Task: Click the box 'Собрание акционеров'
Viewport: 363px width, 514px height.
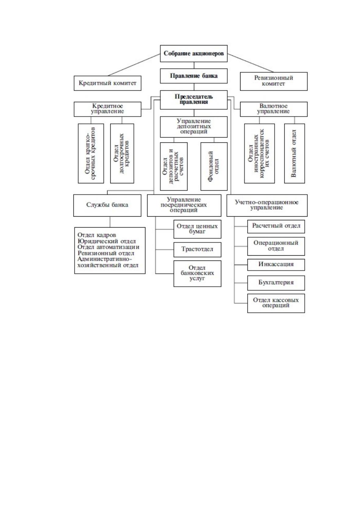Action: pos(194,53)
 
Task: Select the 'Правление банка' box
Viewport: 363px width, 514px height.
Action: pos(194,76)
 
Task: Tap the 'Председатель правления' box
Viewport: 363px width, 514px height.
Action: pos(194,99)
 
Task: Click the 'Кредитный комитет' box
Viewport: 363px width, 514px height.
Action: pos(107,83)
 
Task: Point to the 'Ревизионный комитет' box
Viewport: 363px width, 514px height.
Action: pos(274,81)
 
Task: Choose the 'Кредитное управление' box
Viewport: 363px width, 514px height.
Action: pos(107,109)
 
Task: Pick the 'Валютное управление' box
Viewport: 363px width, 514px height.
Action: pos(274,109)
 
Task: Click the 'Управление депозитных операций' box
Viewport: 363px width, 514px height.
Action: pos(194,127)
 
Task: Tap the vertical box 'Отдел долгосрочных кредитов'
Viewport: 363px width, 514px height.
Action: pos(122,153)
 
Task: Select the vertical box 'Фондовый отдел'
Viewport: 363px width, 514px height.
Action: pos(214,166)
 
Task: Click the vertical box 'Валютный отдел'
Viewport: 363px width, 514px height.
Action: pos(294,153)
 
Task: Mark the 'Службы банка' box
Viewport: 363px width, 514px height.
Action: pos(107,205)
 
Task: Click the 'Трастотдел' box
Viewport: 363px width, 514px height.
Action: pos(197,250)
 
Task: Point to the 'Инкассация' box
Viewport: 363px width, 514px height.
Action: pos(276,264)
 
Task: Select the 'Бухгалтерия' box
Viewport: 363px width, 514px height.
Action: pos(276,283)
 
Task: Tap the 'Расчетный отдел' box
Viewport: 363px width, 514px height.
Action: pos(276,226)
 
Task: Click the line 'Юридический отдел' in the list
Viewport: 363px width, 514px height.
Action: pos(107,241)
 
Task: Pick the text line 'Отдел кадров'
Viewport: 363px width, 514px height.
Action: pos(97,235)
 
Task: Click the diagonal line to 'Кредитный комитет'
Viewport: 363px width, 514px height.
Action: pos(134,65)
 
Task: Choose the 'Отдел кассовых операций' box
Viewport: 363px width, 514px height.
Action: pos(276,303)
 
